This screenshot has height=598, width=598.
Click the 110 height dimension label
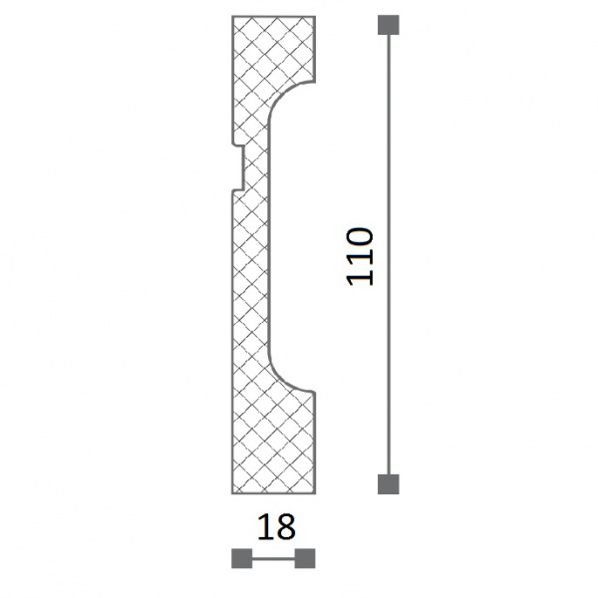click(x=359, y=257)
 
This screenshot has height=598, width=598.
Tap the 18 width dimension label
click(x=276, y=527)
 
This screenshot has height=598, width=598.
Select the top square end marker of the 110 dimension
click(x=389, y=25)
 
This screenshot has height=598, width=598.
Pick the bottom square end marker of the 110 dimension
click(x=389, y=484)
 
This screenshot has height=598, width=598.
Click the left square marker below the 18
click(x=242, y=558)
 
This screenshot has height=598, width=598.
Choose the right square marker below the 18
click(x=305, y=558)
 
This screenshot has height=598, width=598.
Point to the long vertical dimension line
click(x=389, y=254)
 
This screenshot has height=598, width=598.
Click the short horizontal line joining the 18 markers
click(x=273, y=558)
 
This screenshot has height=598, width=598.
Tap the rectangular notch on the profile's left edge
click(x=238, y=167)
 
